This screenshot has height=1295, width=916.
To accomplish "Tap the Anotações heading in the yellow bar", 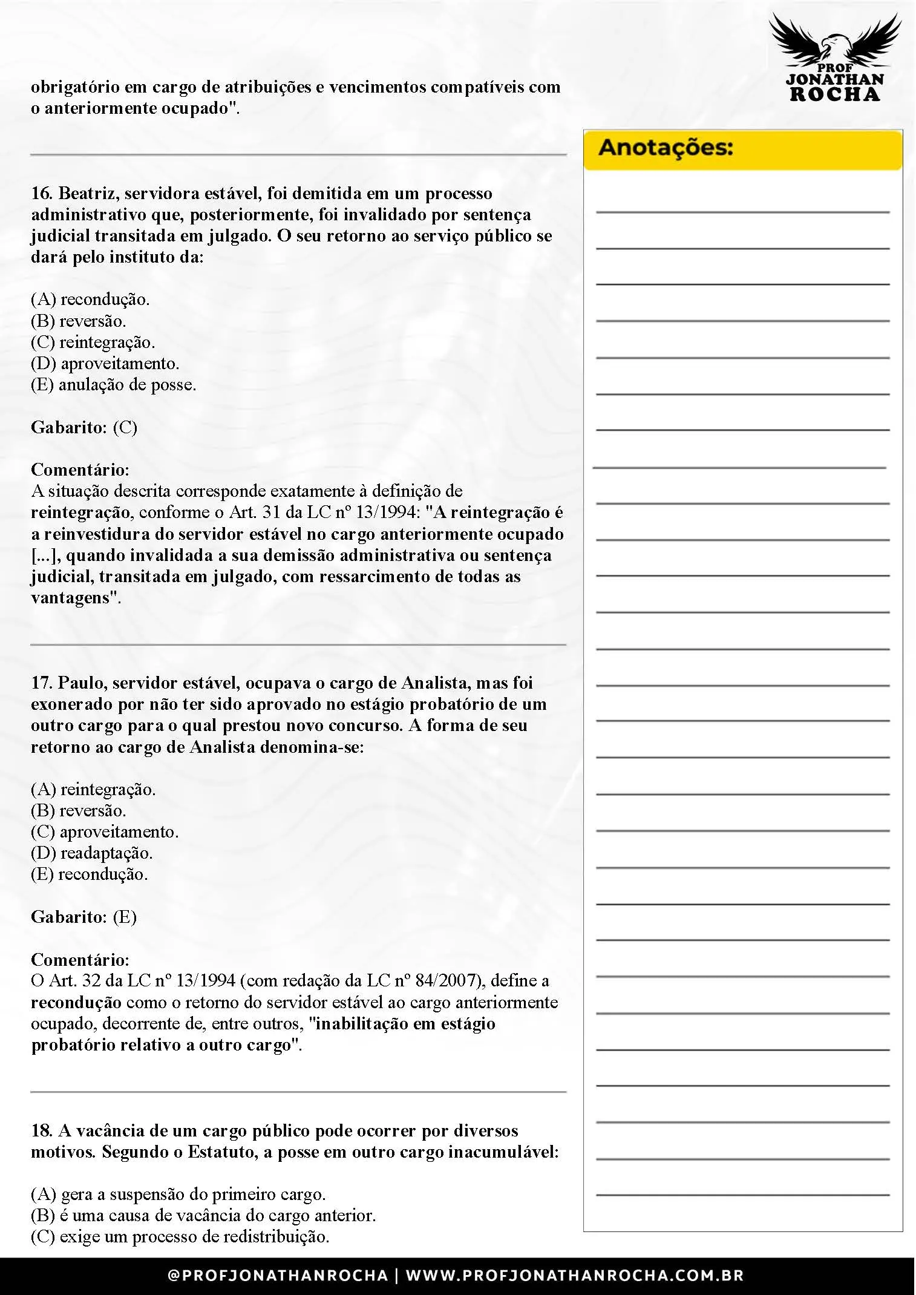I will click(x=666, y=148).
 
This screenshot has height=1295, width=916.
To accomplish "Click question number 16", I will click(x=41, y=194).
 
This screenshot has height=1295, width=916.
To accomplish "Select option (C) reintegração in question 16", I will click(x=93, y=343).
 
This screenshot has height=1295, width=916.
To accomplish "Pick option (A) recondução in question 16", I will click(x=90, y=300).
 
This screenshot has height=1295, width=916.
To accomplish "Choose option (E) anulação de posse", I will click(x=114, y=385).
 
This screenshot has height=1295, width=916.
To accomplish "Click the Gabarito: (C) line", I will click(x=84, y=427).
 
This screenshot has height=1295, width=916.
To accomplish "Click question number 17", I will click(x=41, y=683).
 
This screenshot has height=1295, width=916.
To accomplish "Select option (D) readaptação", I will click(x=92, y=853).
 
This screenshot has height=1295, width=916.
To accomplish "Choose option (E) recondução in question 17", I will click(x=90, y=874).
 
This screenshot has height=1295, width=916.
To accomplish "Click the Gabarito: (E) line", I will click(x=84, y=917).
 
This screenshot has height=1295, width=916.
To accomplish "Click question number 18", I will click(x=41, y=1131).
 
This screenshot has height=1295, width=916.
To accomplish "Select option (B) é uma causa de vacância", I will click(x=203, y=1216).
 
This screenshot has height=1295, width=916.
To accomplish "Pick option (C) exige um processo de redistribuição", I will click(x=180, y=1237).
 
